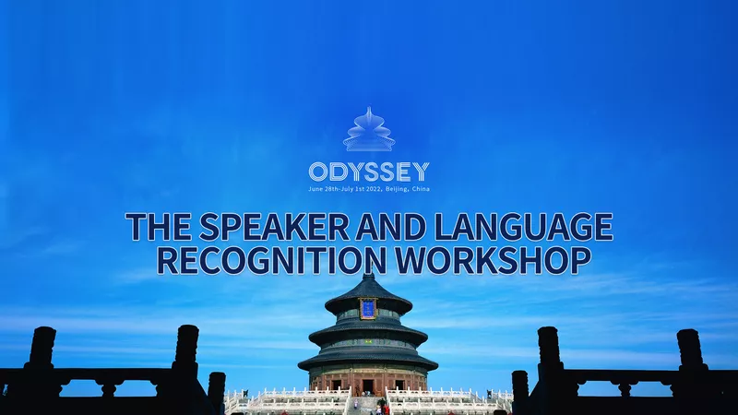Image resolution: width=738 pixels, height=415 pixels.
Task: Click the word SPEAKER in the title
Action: (x=274, y=227)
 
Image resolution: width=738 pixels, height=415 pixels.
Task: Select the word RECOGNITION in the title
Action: (x=271, y=261)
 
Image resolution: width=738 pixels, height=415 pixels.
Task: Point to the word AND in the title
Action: (x=390, y=227)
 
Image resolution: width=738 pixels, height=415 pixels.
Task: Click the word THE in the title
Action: (x=159, y=227)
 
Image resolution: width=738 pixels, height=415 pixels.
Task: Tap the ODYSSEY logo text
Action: (x=369, y=172)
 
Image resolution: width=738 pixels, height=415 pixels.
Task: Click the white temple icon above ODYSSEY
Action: (x=369, y=129)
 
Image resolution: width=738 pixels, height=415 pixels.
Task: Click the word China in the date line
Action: (x=421, y=189)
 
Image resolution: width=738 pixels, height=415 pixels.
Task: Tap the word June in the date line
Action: (x=315, y=189)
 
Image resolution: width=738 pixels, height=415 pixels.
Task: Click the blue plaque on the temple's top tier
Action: (x=367, y=309)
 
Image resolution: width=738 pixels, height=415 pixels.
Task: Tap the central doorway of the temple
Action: (x=367, y=385)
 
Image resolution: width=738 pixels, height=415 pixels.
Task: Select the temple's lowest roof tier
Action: (x=368, y=361)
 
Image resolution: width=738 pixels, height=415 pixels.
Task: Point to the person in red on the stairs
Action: (x=387, y=409)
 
